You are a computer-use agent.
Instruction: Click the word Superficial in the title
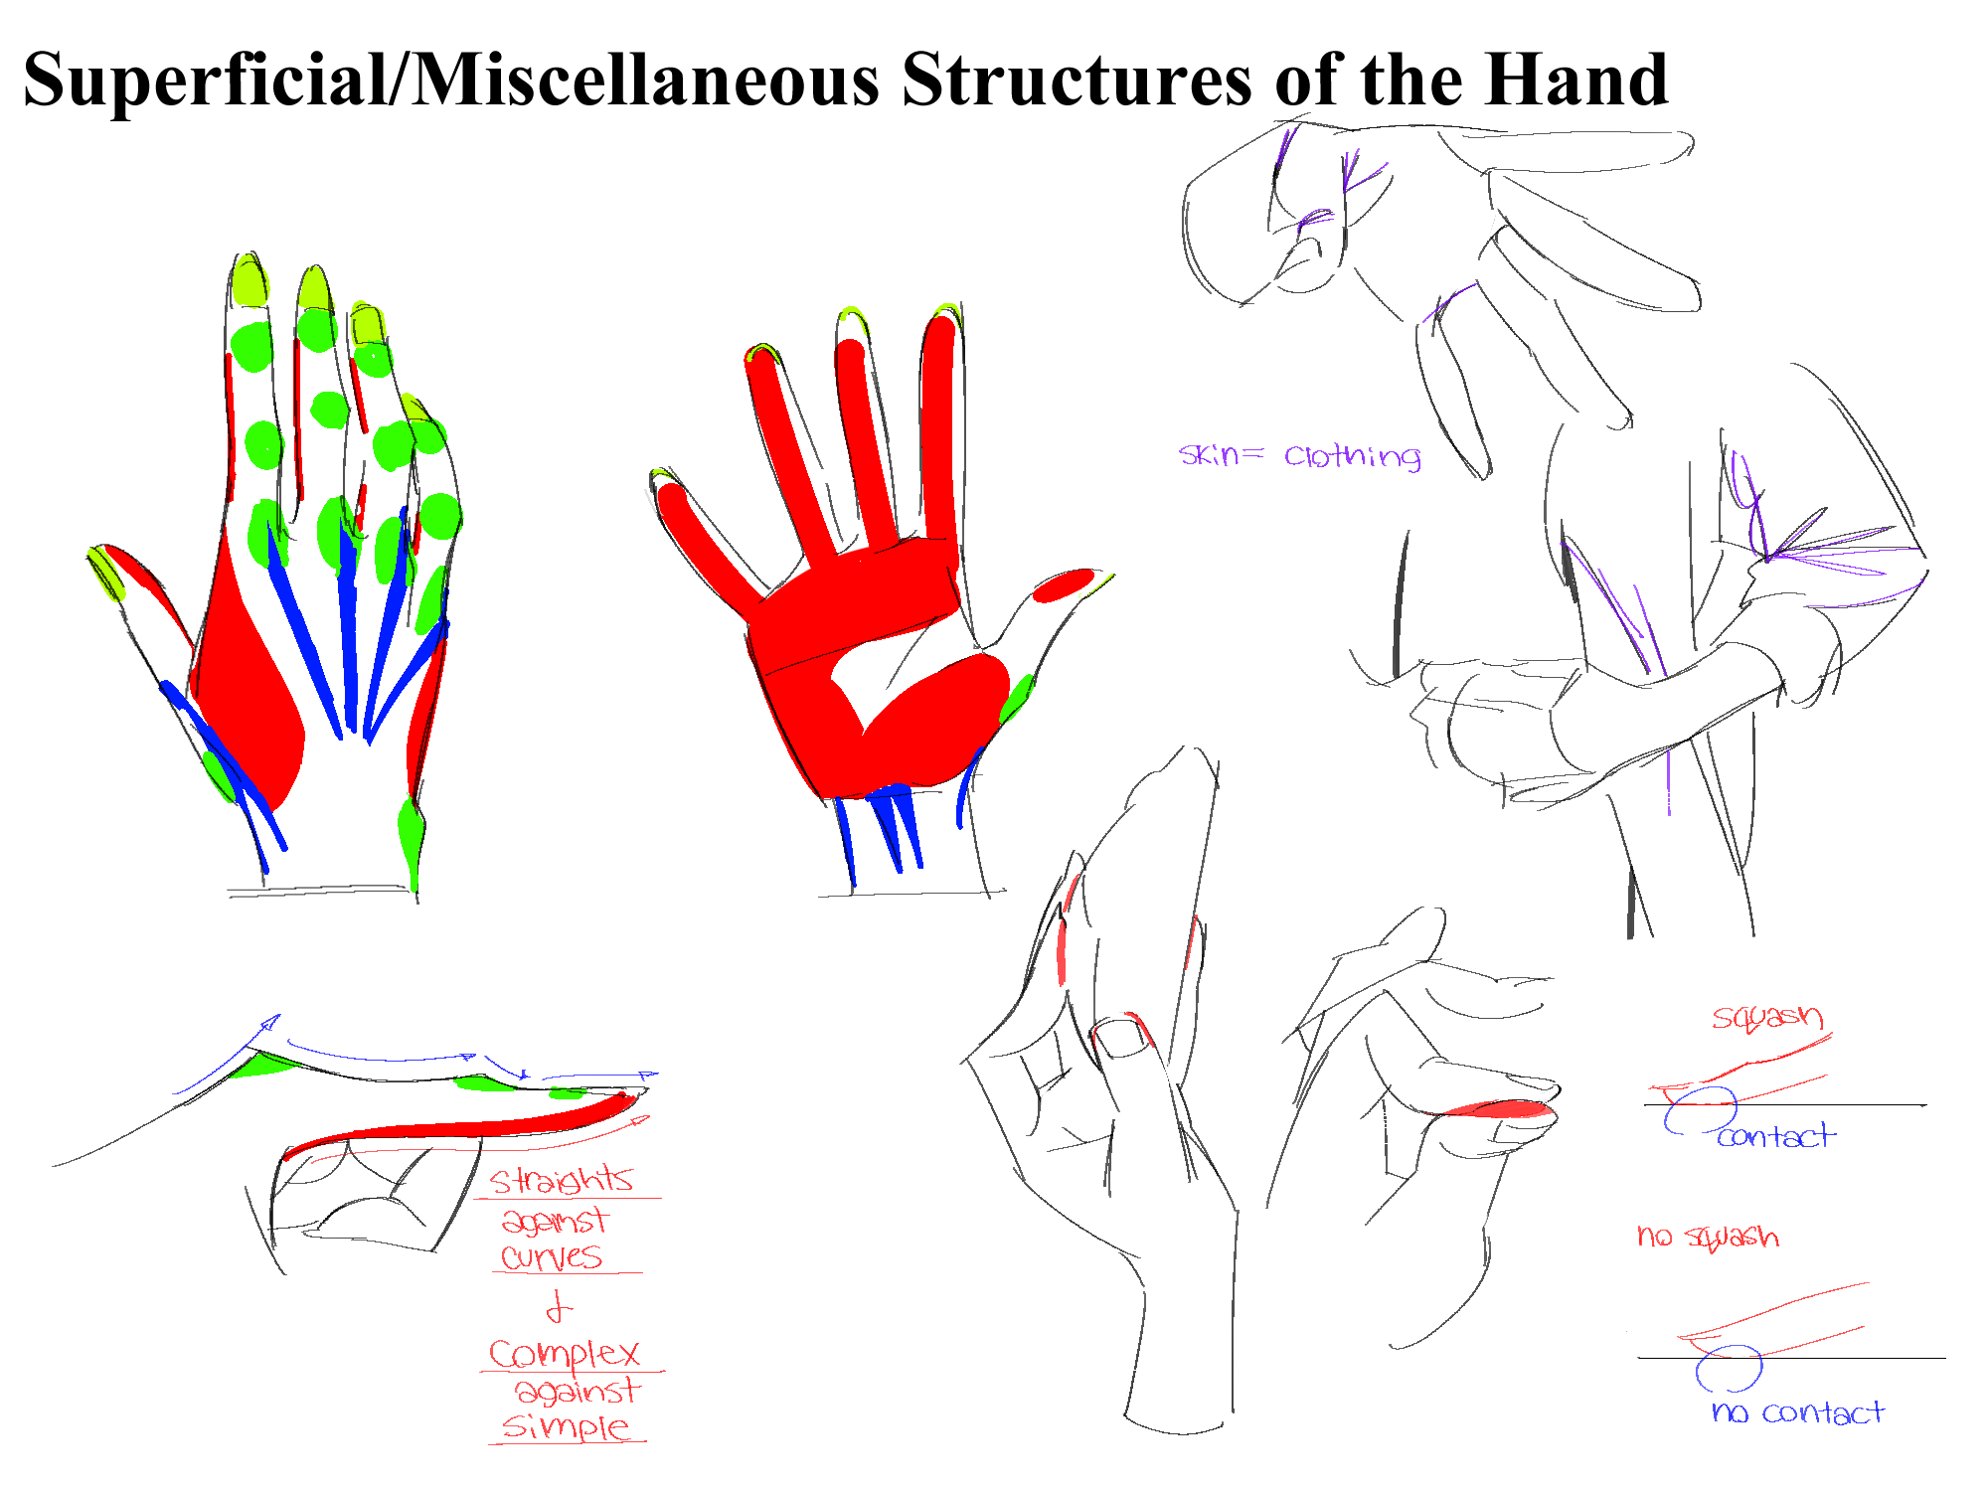click(204, 80)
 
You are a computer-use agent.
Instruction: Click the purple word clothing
click(1352, 456)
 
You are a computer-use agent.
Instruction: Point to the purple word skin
click(1209, 454)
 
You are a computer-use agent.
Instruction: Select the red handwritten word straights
click(562, 1180)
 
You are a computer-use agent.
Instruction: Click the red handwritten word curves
click(552, 1257)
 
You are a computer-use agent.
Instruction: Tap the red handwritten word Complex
click(564, 1354)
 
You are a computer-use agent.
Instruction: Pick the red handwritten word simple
click(566, 1427)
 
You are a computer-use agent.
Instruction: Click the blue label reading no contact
click(1797, 1412)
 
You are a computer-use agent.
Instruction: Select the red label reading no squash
click(1708, 1237)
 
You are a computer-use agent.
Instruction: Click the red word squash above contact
click(1767, 1017)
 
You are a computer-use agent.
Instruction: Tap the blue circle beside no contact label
click(1729, 1369)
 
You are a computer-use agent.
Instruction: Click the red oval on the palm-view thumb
click(1063, 585)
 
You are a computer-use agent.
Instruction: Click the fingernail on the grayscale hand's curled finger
click(1121, 1038)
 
